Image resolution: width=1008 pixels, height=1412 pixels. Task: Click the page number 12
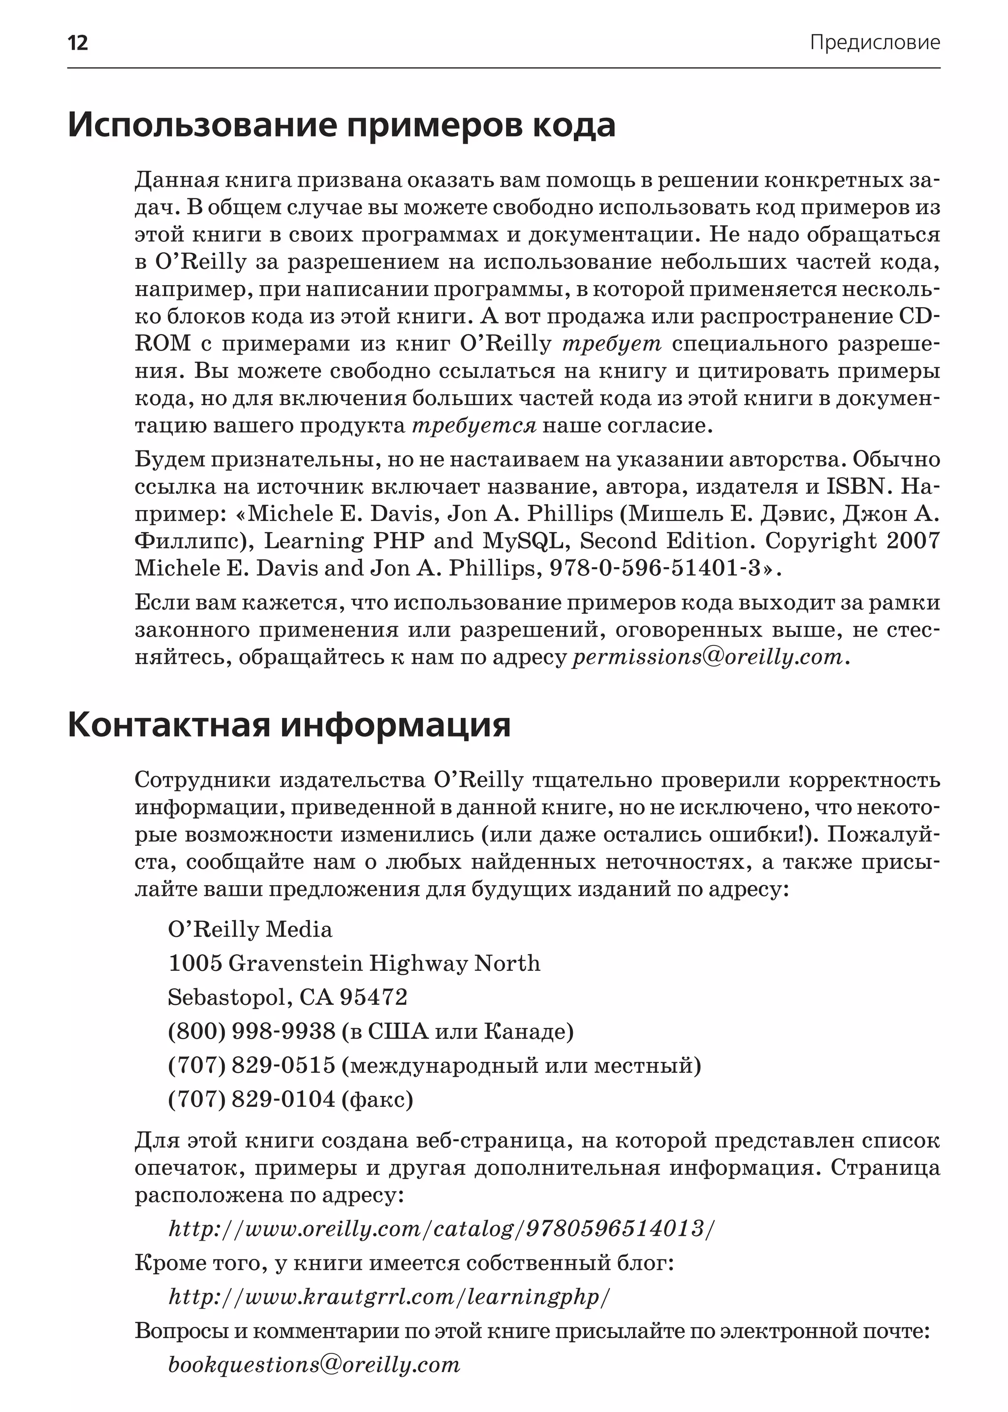[78, 43]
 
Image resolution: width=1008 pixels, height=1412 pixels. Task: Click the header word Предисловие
[875, 42]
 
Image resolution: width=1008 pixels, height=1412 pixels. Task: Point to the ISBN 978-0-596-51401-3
[655, 568]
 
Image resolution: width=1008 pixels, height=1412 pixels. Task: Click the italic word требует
[612, 343]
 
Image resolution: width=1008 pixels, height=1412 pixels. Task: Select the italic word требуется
[474, 426]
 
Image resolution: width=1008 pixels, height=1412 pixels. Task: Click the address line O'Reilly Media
[250, 929]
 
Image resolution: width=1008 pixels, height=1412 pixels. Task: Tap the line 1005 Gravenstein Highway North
[354, 963]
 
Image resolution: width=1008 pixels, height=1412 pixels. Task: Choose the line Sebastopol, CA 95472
[287, 997]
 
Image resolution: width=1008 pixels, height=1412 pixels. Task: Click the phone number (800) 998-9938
[252, 1031]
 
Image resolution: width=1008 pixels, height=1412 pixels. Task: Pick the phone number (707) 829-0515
[252, 1065]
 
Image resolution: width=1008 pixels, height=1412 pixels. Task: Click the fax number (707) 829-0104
[252, 1100]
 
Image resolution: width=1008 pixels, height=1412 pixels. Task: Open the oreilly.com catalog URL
[442, 1229]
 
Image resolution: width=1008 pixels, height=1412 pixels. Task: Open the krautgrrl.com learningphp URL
[390, 1297]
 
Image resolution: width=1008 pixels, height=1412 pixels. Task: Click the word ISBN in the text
[855, 486]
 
